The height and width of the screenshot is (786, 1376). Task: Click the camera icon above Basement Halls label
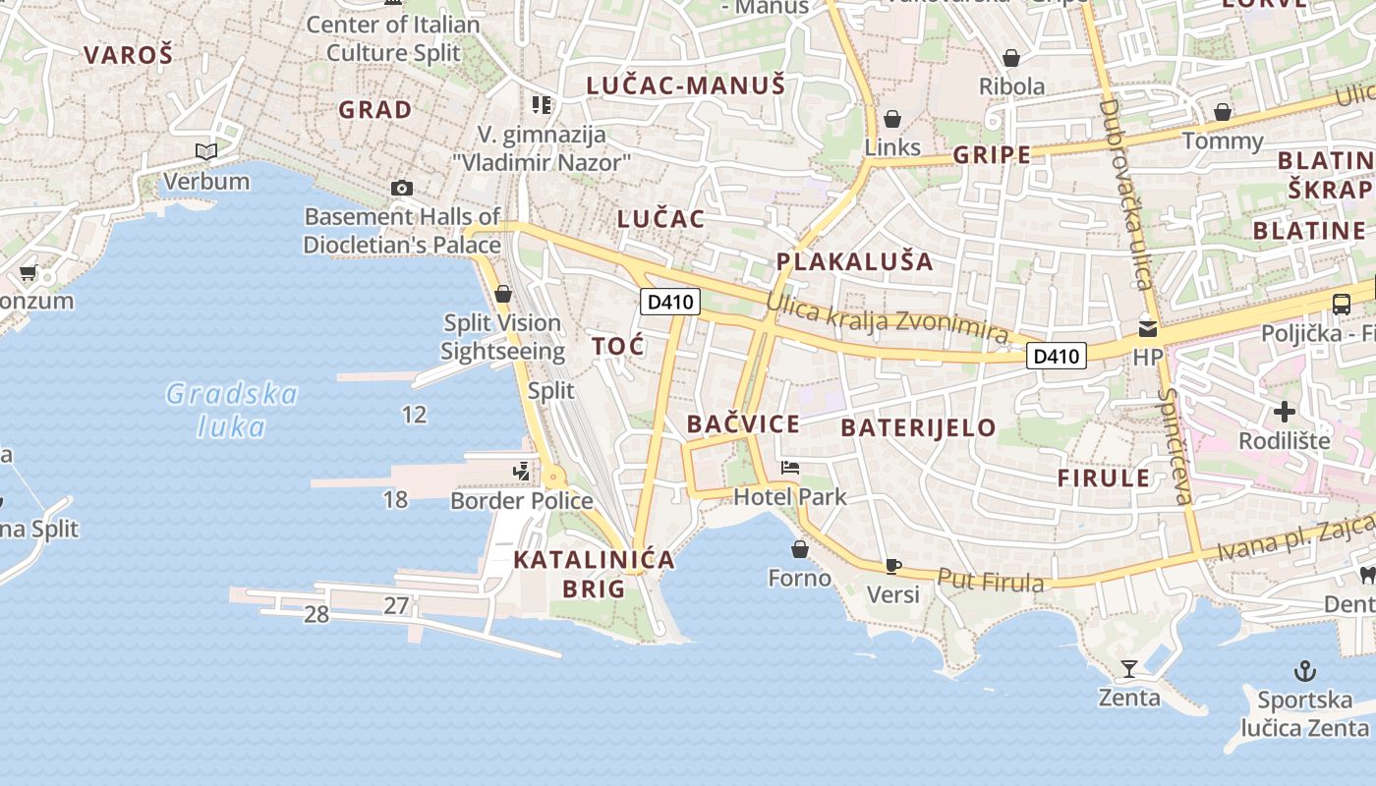(x=401, y=188)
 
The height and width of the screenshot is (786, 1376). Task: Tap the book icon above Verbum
(x=206, y=151)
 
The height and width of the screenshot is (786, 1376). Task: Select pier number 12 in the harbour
(x=415, y=415)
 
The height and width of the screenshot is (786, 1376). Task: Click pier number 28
(x=316, y=615)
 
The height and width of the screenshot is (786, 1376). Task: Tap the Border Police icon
(x=521, y=473)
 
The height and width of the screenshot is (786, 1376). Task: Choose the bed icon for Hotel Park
(x=790, y=468)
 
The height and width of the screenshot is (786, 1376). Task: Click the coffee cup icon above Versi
(x=892, y=566)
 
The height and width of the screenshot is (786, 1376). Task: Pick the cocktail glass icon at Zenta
(x=1129, y=669)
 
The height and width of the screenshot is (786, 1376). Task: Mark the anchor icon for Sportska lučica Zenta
(x=1304, y=672)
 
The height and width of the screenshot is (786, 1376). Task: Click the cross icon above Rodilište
(x=1284, y=411)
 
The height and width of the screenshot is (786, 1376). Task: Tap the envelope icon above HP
(x=1147, y=328)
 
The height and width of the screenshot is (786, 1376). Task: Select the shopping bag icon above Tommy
(x=1223, y=112)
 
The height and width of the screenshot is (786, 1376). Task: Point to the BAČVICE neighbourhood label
(x=743, y=424)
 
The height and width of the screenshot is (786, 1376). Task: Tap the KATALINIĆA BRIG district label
(x=594, y=574)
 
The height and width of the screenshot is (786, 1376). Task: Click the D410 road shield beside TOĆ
(x=670, y=302)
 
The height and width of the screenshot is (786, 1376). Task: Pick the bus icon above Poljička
(x=1341, y=304)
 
